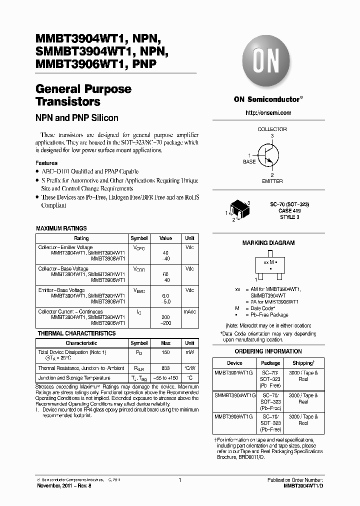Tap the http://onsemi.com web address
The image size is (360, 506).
click(x=268, y=113)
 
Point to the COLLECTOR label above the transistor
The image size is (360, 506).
click(x=272, y=129)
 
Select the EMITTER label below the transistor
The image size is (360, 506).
click(x=272, y=181)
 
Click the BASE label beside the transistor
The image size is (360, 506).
click(x=249, y=162)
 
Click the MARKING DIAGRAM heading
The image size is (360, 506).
click(x=268, y=243)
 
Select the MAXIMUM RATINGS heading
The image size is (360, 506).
click(x=61, y=228)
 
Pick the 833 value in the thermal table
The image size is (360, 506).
click(x=165, y=368)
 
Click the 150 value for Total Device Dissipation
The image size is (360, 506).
click(x=165, y=352)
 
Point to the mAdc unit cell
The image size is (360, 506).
click(x=189, y=311)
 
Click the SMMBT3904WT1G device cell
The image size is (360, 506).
click(x=234, y=395)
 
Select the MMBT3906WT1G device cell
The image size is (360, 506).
click(x=234, y=416)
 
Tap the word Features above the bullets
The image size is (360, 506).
click(x=46, y=163)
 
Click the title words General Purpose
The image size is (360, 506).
click(x=83, y=89)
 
